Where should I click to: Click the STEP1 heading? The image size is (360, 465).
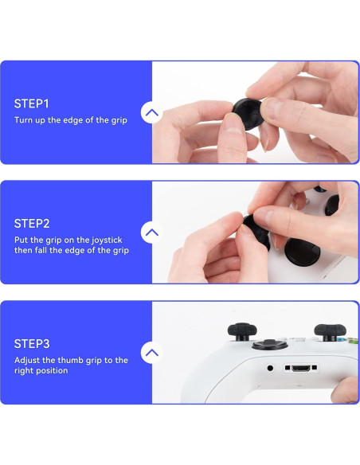pyautogui.click(x=32, y=104)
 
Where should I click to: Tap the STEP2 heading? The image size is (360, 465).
pyautogui.click(x=32, y=224)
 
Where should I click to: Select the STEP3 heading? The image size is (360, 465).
pyautogui.click(x=32, y=344)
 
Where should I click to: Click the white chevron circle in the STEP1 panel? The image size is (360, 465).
pyautogui.click(x=152, y=113)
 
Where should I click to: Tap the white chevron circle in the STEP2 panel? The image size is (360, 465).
pyautogui.click(x=152, y=232)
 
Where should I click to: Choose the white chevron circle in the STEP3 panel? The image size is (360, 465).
pyautogui.click(x=152, y=353)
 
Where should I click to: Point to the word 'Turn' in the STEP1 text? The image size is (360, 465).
pyautogui.click(x=24, y=121)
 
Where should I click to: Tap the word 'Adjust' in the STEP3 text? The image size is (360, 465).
pyautogui.click(x=29, y=360)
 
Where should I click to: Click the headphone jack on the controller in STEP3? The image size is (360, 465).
pyautogui.click(x=270, y=368)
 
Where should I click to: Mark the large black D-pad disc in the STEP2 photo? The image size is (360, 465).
pyautogui.click(x=303, y=253)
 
